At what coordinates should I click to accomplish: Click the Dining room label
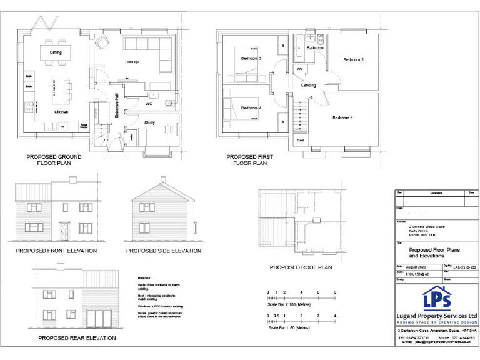point(56,52)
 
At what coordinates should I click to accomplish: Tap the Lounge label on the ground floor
point(132,62)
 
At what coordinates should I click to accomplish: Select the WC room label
point(149,103)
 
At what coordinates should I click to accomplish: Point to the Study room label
point(149,122)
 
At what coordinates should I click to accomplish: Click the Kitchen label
point(61,112)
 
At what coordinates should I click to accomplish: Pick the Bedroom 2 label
point(353,60)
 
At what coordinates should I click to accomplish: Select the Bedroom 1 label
point(342,118)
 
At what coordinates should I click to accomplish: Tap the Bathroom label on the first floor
point(316,48)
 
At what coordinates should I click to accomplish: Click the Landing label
point(309,86)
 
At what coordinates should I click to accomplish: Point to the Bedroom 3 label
point(251,59)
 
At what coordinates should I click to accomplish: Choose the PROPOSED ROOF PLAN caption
point(301,267)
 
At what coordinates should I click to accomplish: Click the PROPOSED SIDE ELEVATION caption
point(164,251)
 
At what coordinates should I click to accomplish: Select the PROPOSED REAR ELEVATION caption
point(77,338)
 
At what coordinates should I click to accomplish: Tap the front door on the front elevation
point(64,232)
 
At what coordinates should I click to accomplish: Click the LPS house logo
point(437,298)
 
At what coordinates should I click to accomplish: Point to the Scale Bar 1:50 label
point(289,327)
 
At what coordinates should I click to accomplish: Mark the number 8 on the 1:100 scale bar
point(335,292)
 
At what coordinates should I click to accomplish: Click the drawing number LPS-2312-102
point(465,266)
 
